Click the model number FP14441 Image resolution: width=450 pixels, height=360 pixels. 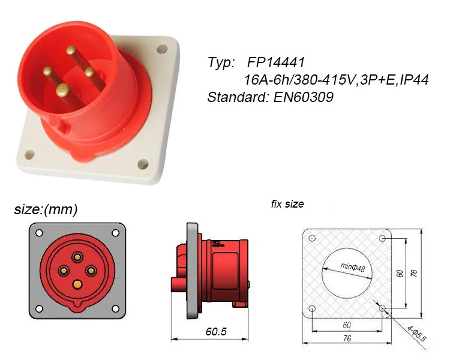(x=277, y=62)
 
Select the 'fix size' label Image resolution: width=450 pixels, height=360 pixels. (x=287, y=204)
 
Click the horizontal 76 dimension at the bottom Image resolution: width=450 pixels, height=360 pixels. (x=347, y=339)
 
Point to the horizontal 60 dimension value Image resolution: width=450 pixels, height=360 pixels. (x=347, y=324)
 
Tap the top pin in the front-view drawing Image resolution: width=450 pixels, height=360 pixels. (x=77, y=257)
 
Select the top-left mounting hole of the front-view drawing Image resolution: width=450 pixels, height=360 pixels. (x=39, y=233)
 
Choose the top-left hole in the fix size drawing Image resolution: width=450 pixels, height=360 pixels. (x=313, y=238)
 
